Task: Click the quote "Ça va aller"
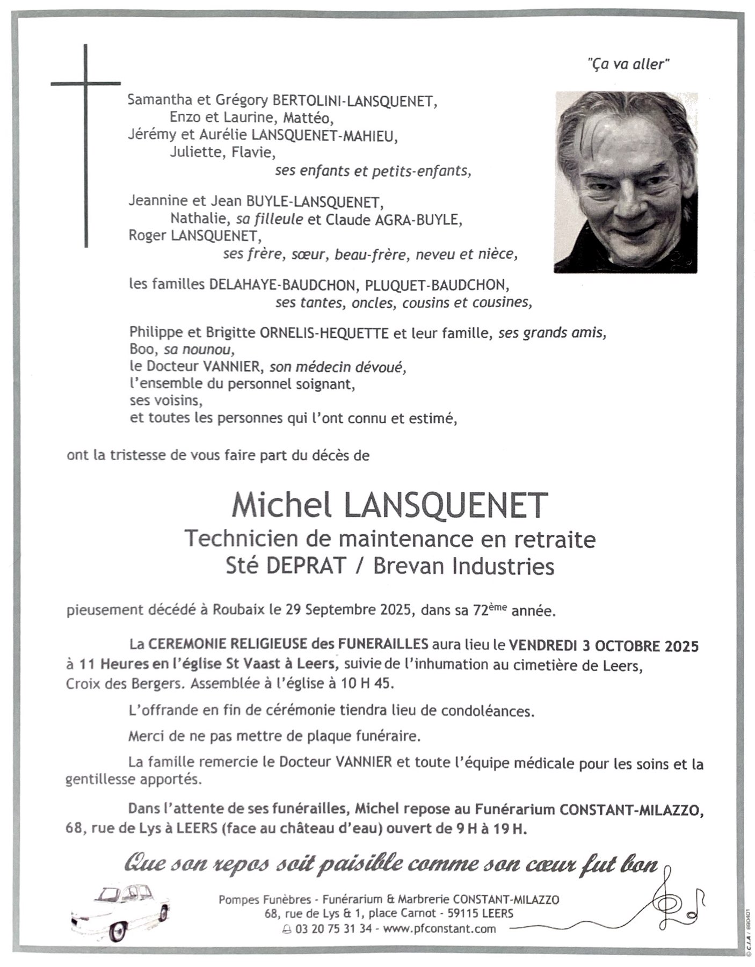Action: pos(628,64)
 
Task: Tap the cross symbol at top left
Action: pos(86,107)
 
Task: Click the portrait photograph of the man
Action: pos(626,182)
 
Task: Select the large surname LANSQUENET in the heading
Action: pos(446,505)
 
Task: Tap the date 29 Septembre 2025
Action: pos(349,610)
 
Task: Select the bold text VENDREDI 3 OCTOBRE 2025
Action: pos(604,645)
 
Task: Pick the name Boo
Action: pos(141,350)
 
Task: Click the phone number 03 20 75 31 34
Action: pos(333,929)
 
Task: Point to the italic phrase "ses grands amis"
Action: pos(552,333)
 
